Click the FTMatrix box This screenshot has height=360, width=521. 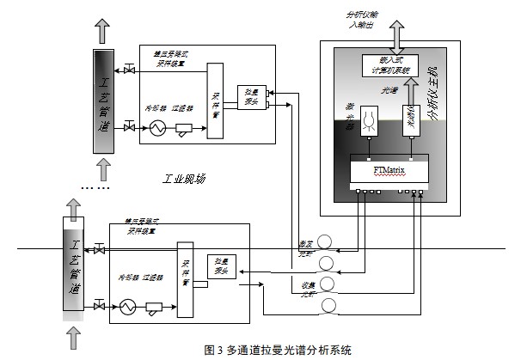[390, 171]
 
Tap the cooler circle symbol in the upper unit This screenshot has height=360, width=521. [157, 127]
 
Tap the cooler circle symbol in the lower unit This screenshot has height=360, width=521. [128, 304]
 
